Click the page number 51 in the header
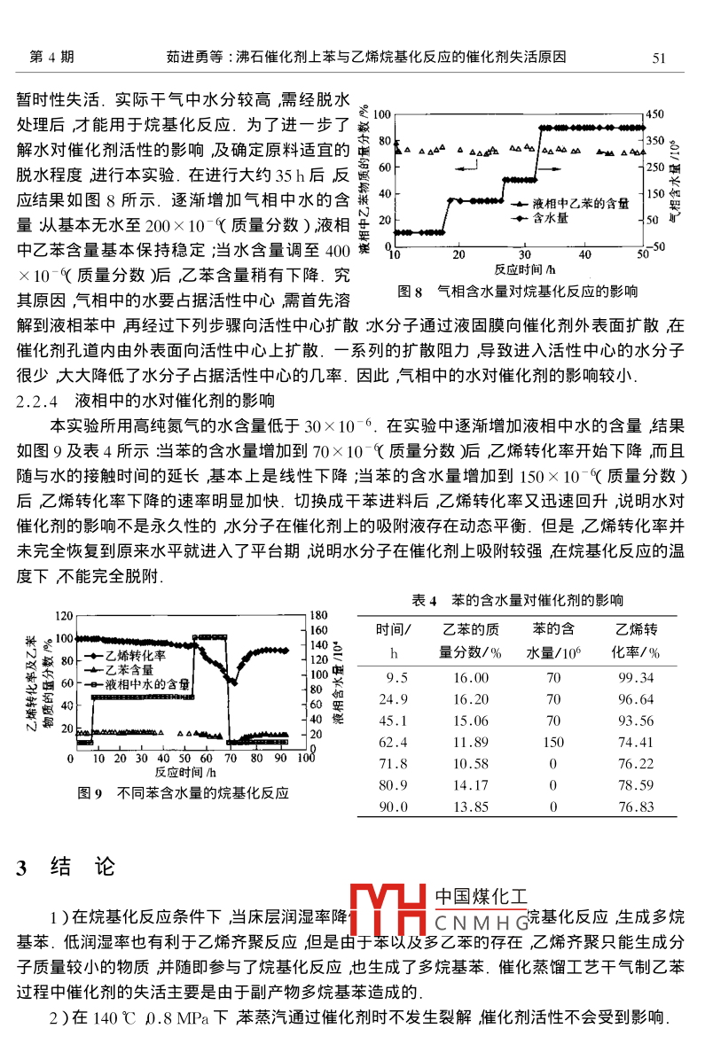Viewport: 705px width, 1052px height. (x=658, y=58)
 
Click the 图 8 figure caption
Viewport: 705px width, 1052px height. (x=518, y=291)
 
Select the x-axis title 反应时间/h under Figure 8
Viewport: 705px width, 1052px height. (x=524, y=268)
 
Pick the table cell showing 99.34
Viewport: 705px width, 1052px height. (x=636, y=678)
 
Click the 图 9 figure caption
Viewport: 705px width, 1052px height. (x=184, y=792)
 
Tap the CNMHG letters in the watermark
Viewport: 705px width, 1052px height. (x=481, y=923)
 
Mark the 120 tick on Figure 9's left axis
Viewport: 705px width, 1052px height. (x=62, y=615)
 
